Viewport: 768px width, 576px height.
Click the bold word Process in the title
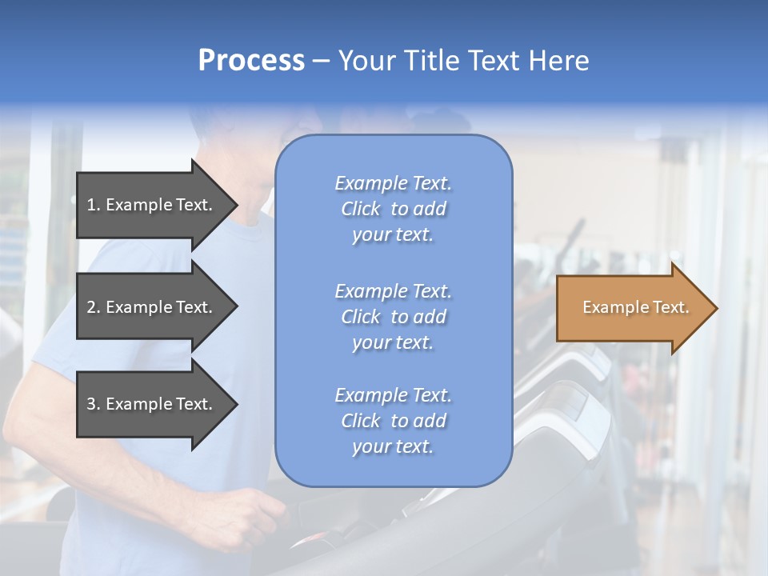[251, 61]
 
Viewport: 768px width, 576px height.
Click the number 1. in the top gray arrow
[94, 205]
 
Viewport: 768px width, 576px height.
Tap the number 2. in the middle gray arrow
[94, 307]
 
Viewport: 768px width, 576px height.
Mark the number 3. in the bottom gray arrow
[94, 404]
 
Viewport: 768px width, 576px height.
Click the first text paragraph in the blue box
[393, 209]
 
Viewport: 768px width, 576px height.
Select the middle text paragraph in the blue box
[393, 317]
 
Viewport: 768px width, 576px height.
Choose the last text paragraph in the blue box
[393, 421]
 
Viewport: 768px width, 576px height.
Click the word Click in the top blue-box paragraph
[361, 209]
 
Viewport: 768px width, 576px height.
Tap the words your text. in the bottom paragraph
[393, 446]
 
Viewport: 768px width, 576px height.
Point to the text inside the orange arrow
[635, 307]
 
